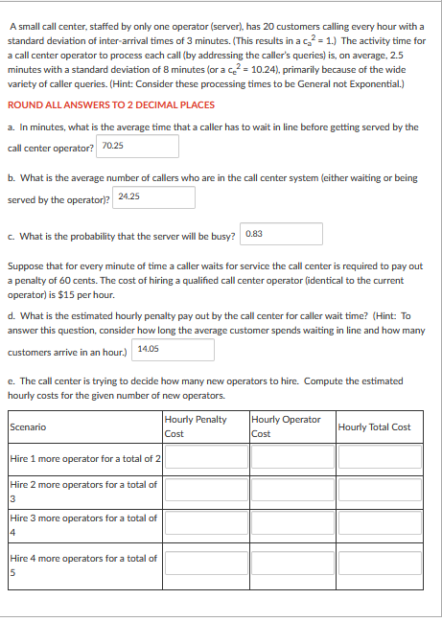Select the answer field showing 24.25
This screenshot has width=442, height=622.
coord(153,196)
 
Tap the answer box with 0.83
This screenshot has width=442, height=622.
coord(282,234)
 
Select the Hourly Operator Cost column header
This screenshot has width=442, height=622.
coord(285,426)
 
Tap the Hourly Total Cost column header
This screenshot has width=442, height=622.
coord(374,426)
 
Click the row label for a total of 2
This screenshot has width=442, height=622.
coord(84,459)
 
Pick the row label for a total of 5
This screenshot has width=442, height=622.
coord(84,564)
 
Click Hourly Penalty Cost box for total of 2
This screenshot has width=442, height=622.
coord(204,459)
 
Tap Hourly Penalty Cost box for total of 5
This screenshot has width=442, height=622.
coord(204,563)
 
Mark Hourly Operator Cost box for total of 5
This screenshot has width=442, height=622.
coord(291,563)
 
